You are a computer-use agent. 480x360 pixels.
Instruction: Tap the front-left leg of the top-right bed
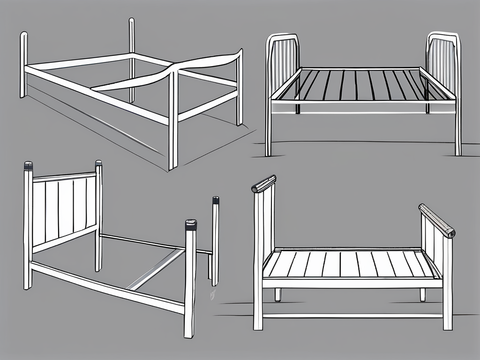pos(268,136)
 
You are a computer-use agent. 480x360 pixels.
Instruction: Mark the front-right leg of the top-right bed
pos(457,136)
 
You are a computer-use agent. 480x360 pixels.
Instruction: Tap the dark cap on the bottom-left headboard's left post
pos(29,166)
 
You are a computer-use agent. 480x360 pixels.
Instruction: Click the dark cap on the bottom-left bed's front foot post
pos(191,225)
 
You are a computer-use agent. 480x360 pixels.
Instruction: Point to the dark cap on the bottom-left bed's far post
pos(216,200)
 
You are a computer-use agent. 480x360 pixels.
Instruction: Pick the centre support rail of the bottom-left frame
pos(155,270)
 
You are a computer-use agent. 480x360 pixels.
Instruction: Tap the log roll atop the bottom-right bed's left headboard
pos(263,184)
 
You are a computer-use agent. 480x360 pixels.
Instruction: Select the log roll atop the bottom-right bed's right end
pos(436,220)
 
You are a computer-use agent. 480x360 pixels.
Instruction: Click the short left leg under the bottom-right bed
pos(278,294)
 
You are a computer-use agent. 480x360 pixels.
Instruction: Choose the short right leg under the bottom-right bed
pos(423,294)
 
